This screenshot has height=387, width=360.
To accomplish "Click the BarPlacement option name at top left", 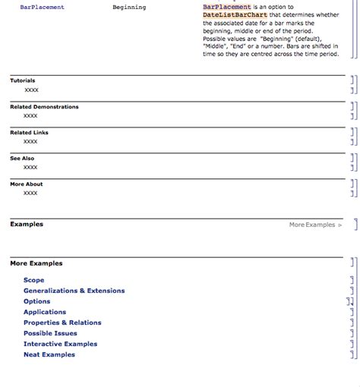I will [x=42, y=8].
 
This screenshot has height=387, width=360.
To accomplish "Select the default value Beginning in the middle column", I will [x=129, y=8].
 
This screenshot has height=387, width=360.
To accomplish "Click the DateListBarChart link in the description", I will [x=235, y=14].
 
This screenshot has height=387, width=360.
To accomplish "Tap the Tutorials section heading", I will [x=22, y=80].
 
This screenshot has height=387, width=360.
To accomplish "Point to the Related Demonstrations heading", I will [x=44, y=107].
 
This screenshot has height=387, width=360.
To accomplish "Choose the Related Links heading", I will [x=29, y=133].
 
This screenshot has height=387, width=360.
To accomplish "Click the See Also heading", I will [x=22, y=159].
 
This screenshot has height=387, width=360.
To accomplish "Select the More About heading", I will [x=26, y=184].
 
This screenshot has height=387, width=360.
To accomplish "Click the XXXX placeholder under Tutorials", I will [x=31, y=90].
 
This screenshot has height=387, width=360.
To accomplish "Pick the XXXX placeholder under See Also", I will [x=30, y=168].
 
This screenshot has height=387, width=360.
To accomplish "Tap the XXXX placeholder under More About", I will [x=30, y=193].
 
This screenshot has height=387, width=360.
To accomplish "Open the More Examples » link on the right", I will [x=315, y=225].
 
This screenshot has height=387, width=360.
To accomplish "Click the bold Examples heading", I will [x=27, y=225].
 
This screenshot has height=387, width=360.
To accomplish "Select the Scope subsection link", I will [x=33, y=280].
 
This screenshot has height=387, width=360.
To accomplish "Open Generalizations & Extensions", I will [x=74, y=291].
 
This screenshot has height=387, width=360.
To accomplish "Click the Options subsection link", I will [x=36, y=301].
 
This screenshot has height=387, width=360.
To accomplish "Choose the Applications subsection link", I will [x=45, y=312].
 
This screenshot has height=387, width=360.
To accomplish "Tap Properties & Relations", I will [x=62, y=322].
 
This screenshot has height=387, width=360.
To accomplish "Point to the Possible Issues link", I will [x=50, y=333].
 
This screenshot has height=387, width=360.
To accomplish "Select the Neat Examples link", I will [x=49, y=354].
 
